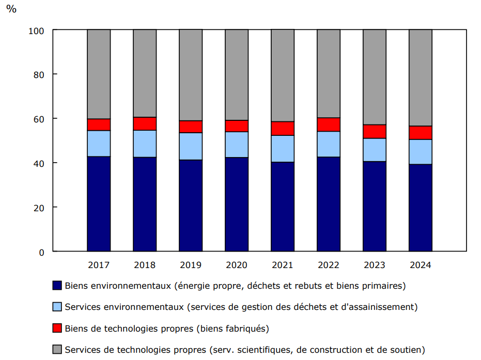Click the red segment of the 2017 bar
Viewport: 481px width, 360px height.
pyautogui.click(x=99, y=124)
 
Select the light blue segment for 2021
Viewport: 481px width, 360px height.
pyautogui.click(x=283, y=149)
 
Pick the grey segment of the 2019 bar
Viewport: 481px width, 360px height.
pyautogui.click(x=191, y=75)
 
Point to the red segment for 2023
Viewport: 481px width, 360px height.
pyautogui.click(x=375, y=132)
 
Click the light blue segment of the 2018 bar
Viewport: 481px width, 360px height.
pyautogui.click(x=145, y=144)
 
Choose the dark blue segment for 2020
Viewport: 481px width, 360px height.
pyautogui.click(x=237, y=204)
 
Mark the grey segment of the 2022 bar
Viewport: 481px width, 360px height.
pyautogui.click(x=329, y=73)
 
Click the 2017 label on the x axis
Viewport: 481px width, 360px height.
pyautogui.click(x=99, y=265)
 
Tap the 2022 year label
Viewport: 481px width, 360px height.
pyautogui.click(x=329, y=265)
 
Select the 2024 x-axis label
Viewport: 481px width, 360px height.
pyautogui.click(x=421, y=265)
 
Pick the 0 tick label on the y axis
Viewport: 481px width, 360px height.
pyautogui.click(x=41, y=252)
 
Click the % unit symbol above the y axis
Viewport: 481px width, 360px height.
pyautogui.click(x=11, y=9)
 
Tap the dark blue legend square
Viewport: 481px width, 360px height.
pyautogui.click(x=57, y=286)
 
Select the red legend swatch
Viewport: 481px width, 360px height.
pyautogui.click(x=57, y=328)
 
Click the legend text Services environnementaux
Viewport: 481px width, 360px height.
pyautogui.click(x=124, y=307)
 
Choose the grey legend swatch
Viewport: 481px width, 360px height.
pyautogui.click(x=57, y=350)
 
